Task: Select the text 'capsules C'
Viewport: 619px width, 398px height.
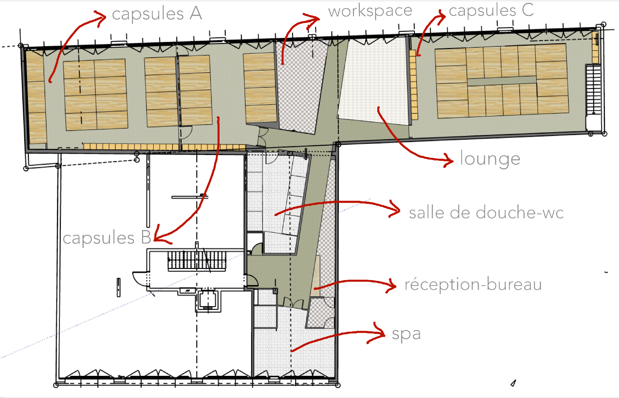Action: (491, 11)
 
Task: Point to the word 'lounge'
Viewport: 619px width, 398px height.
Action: (490, 159)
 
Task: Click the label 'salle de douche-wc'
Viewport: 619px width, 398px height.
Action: (486, 213)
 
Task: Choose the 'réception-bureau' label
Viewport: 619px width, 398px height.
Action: (473, 284)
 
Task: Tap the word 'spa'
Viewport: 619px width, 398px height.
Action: (406, 334)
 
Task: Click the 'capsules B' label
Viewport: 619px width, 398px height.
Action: (107, 238)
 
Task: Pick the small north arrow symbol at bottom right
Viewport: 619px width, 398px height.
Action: (513, 383)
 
